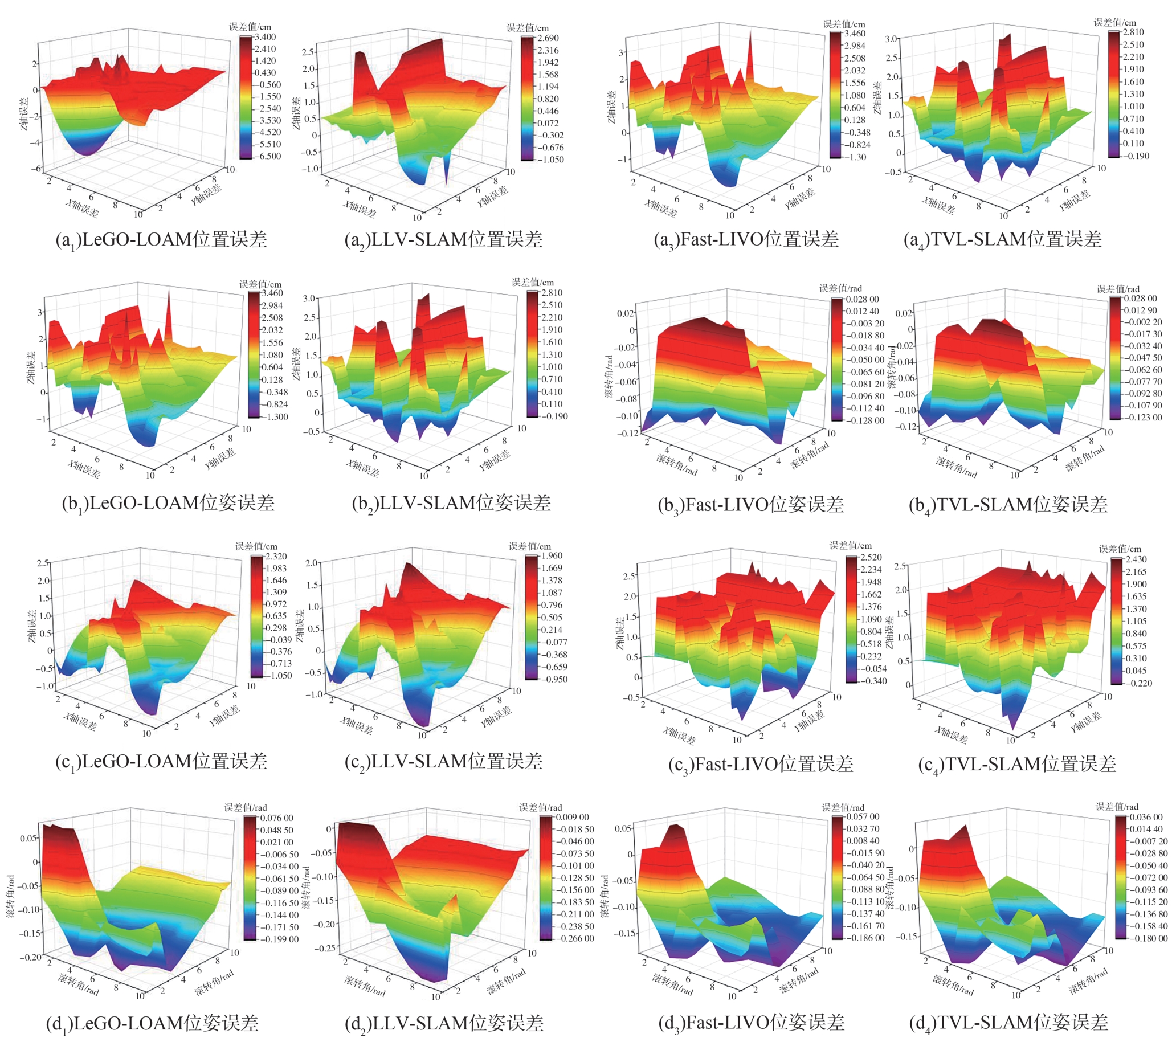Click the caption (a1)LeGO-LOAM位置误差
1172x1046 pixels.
(x=161, y=239)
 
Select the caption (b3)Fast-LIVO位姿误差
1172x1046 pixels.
(x=751, y=505)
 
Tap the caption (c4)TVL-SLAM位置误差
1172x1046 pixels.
(x=1017, y=765)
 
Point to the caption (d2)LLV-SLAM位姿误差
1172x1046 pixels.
(x=444, y=1023)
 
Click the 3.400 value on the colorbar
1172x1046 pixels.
(x=265, y=37)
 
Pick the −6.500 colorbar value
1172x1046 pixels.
(x=266, y=156)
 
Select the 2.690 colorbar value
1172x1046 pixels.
(x=546, y=38)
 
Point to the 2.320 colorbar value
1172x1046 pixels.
(x=276, y=557)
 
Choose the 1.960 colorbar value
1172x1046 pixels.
(x=550, y=556)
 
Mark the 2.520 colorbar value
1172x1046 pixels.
(x=870, y=558)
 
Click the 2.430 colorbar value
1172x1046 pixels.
(x=1134, y=559)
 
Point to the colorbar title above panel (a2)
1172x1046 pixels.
(x=527, y=28)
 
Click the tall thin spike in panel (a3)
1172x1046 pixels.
(x=750, y=46)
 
